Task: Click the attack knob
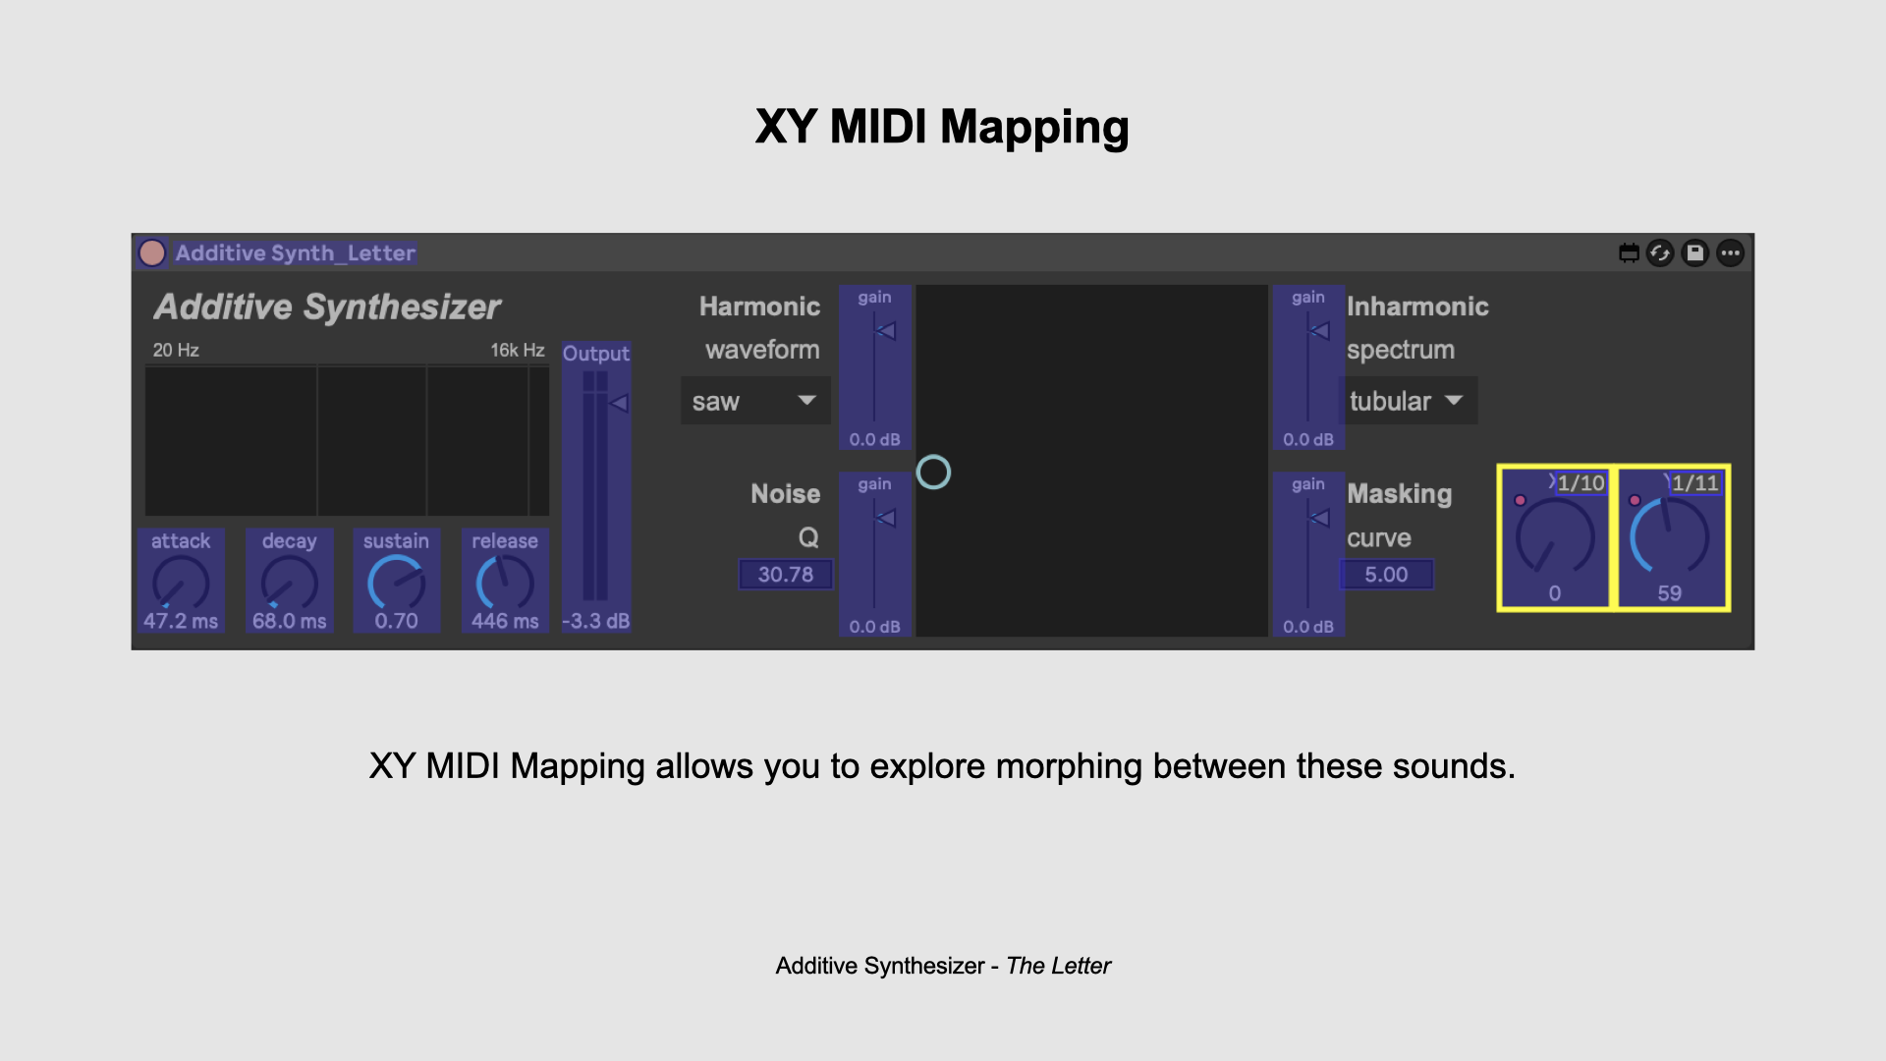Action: pyautogui.click(x=181, y=584)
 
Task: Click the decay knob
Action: pyautogui.click(x=289, y=584)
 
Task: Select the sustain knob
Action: pyautogui.click(x=396, y=584)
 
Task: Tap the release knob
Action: pyautogui.click(x=505, y=584)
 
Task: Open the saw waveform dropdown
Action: pyautogui.click(x=754, y=401)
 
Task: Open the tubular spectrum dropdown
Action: pyautogui.click(x=1407, y=401)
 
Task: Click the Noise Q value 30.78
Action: pyautogui.click(x=785, y=575)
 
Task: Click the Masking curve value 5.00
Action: pyautogui.click(x=1386, y=575)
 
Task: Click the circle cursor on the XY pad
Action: pyautogui.click(x=933, y=473)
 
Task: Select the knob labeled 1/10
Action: pyautogui.click(x=1554, y=537)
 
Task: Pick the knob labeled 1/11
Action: pyautogui.click(x=1669, y=537)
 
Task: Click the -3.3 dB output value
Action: pyautogui.click(x=595, y=621)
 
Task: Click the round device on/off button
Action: pyautogui.click(x=152, y=253)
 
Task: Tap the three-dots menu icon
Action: pyautogui.click(x=1731, y=253)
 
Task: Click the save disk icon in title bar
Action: pyautogui.click(x=1695, y=253)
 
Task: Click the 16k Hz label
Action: pyautogui.click(x=517, y=351)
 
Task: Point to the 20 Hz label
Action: pyautogui.click(x=176, y=351)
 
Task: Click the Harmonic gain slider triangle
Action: pyautogui.click(x=886, y=331)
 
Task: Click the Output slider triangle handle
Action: pyautogui.click(x=619, y=403)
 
